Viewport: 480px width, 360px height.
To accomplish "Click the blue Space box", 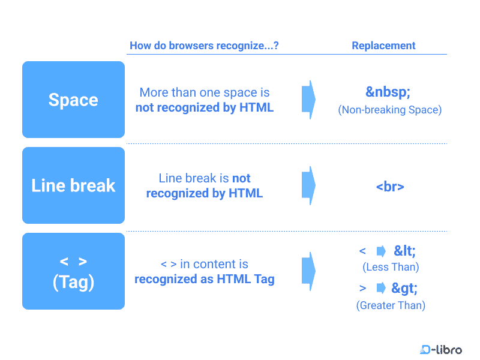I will pyautogui.click(x=73, y=100).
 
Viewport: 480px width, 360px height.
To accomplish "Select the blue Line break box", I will pyautogui.click(x=73, y=185).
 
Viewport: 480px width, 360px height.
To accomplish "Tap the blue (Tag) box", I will pyautogui.click(x=73, y=271).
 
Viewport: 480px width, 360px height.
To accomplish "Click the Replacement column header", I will pyautogui.click(x=383, y=46).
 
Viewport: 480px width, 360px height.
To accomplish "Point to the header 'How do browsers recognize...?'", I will pyautogui.click(x=204, y=46).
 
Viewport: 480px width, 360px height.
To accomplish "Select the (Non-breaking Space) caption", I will pyautogui.click(x=390, y=110).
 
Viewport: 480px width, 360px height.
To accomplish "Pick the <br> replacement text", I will pyautogui.click(x=390, y=187).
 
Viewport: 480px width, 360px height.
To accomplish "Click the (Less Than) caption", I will pyautogui.click(x=391, y=267).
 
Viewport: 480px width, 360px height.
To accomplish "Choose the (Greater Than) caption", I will pyautogui.click(x=391, y=305).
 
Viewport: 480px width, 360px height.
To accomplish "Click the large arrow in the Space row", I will pyautogui.click(x=308, y=100).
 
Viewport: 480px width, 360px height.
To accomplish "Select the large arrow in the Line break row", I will pyautogui.click(x=308, y=185).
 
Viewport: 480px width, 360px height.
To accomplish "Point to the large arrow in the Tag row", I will pyautogui.click(x=308, y=271).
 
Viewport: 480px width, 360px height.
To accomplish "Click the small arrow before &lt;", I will pyautogui.click(x=380, y=251).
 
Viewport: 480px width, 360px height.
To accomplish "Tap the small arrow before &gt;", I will pyautogui.click(x=380, y=289).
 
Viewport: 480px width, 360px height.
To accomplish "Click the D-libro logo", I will pyautogui.click(x=441, y=349).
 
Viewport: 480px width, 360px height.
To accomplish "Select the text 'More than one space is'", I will pyautogui.click(x=205, y=92).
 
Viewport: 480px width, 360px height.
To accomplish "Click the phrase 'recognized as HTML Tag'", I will pyautogui.click(x=205, y=279).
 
